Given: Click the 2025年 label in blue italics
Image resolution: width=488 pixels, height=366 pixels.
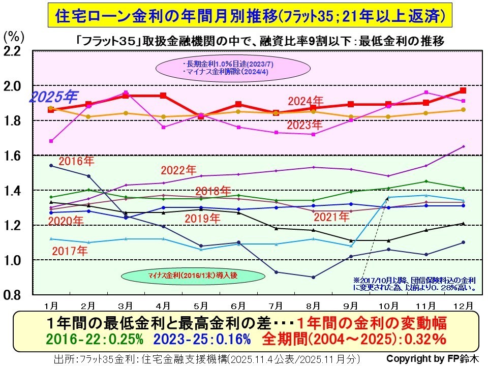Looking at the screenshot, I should pyautogui.click(x=53, y=97).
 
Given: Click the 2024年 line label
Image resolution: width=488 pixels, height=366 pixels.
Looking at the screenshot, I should pyautogui.click(x=305, y=100).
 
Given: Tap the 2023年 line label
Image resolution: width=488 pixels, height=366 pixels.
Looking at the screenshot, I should pyautogui.click(x=305, y=125).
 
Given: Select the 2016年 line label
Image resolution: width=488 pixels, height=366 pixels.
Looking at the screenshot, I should pyautogui.click(x=76, y=162).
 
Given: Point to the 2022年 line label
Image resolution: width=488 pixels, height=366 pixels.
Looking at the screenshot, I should pyautogui.click(x=178, y=170).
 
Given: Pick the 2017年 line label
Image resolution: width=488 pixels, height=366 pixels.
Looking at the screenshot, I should pyautogui.click(x=70, y=251).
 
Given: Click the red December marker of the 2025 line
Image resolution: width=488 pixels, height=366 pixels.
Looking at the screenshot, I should pyautogui.click(x=463, y=90).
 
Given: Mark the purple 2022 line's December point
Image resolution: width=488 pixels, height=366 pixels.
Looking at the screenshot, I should pyautogui.click(x=463, y=146).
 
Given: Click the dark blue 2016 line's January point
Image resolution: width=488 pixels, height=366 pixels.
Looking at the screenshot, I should pyautogui.click(x=50, y=165).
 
